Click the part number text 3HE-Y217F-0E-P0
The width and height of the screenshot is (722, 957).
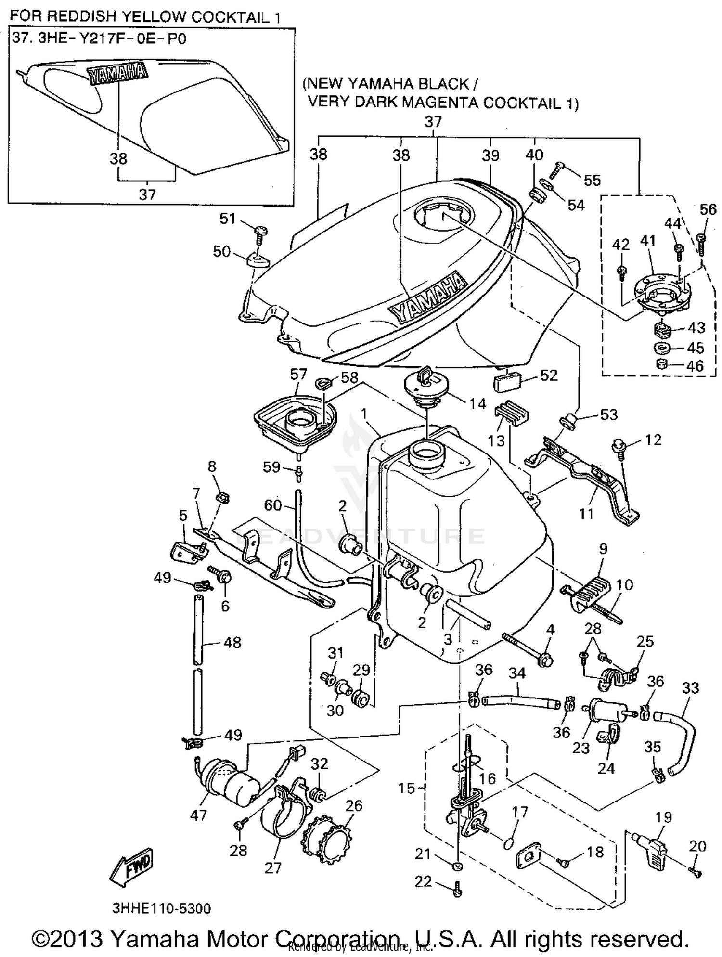[112, 39]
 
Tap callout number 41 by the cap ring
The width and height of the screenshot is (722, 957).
[648, 240]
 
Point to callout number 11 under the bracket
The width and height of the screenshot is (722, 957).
[586, 514]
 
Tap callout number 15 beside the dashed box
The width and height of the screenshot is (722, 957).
[406, 788]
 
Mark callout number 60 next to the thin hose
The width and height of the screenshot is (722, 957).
[272, 505]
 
